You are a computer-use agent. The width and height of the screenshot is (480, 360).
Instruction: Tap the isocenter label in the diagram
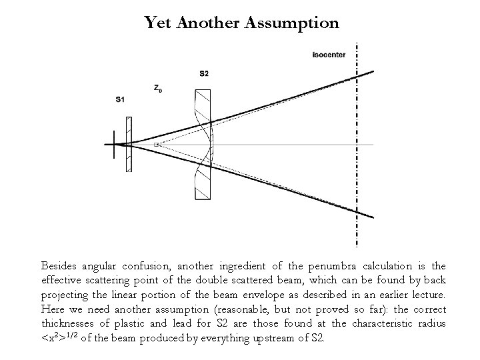pyautogui.click(x=329, y=55)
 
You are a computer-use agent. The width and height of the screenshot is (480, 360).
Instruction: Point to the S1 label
pyautogui.click(x=120, y=100)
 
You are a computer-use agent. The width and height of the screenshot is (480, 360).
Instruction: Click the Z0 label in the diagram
pyautogui.click(x=157, y=88)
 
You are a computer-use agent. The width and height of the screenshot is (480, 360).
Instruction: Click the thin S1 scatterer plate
pyautogui.click(x=129, y=144)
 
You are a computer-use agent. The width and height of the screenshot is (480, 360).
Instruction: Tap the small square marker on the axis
pyautogui.click(x=156, y=144)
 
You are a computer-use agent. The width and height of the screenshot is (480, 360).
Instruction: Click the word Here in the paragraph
pyautogui.click(x=53, y=309)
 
